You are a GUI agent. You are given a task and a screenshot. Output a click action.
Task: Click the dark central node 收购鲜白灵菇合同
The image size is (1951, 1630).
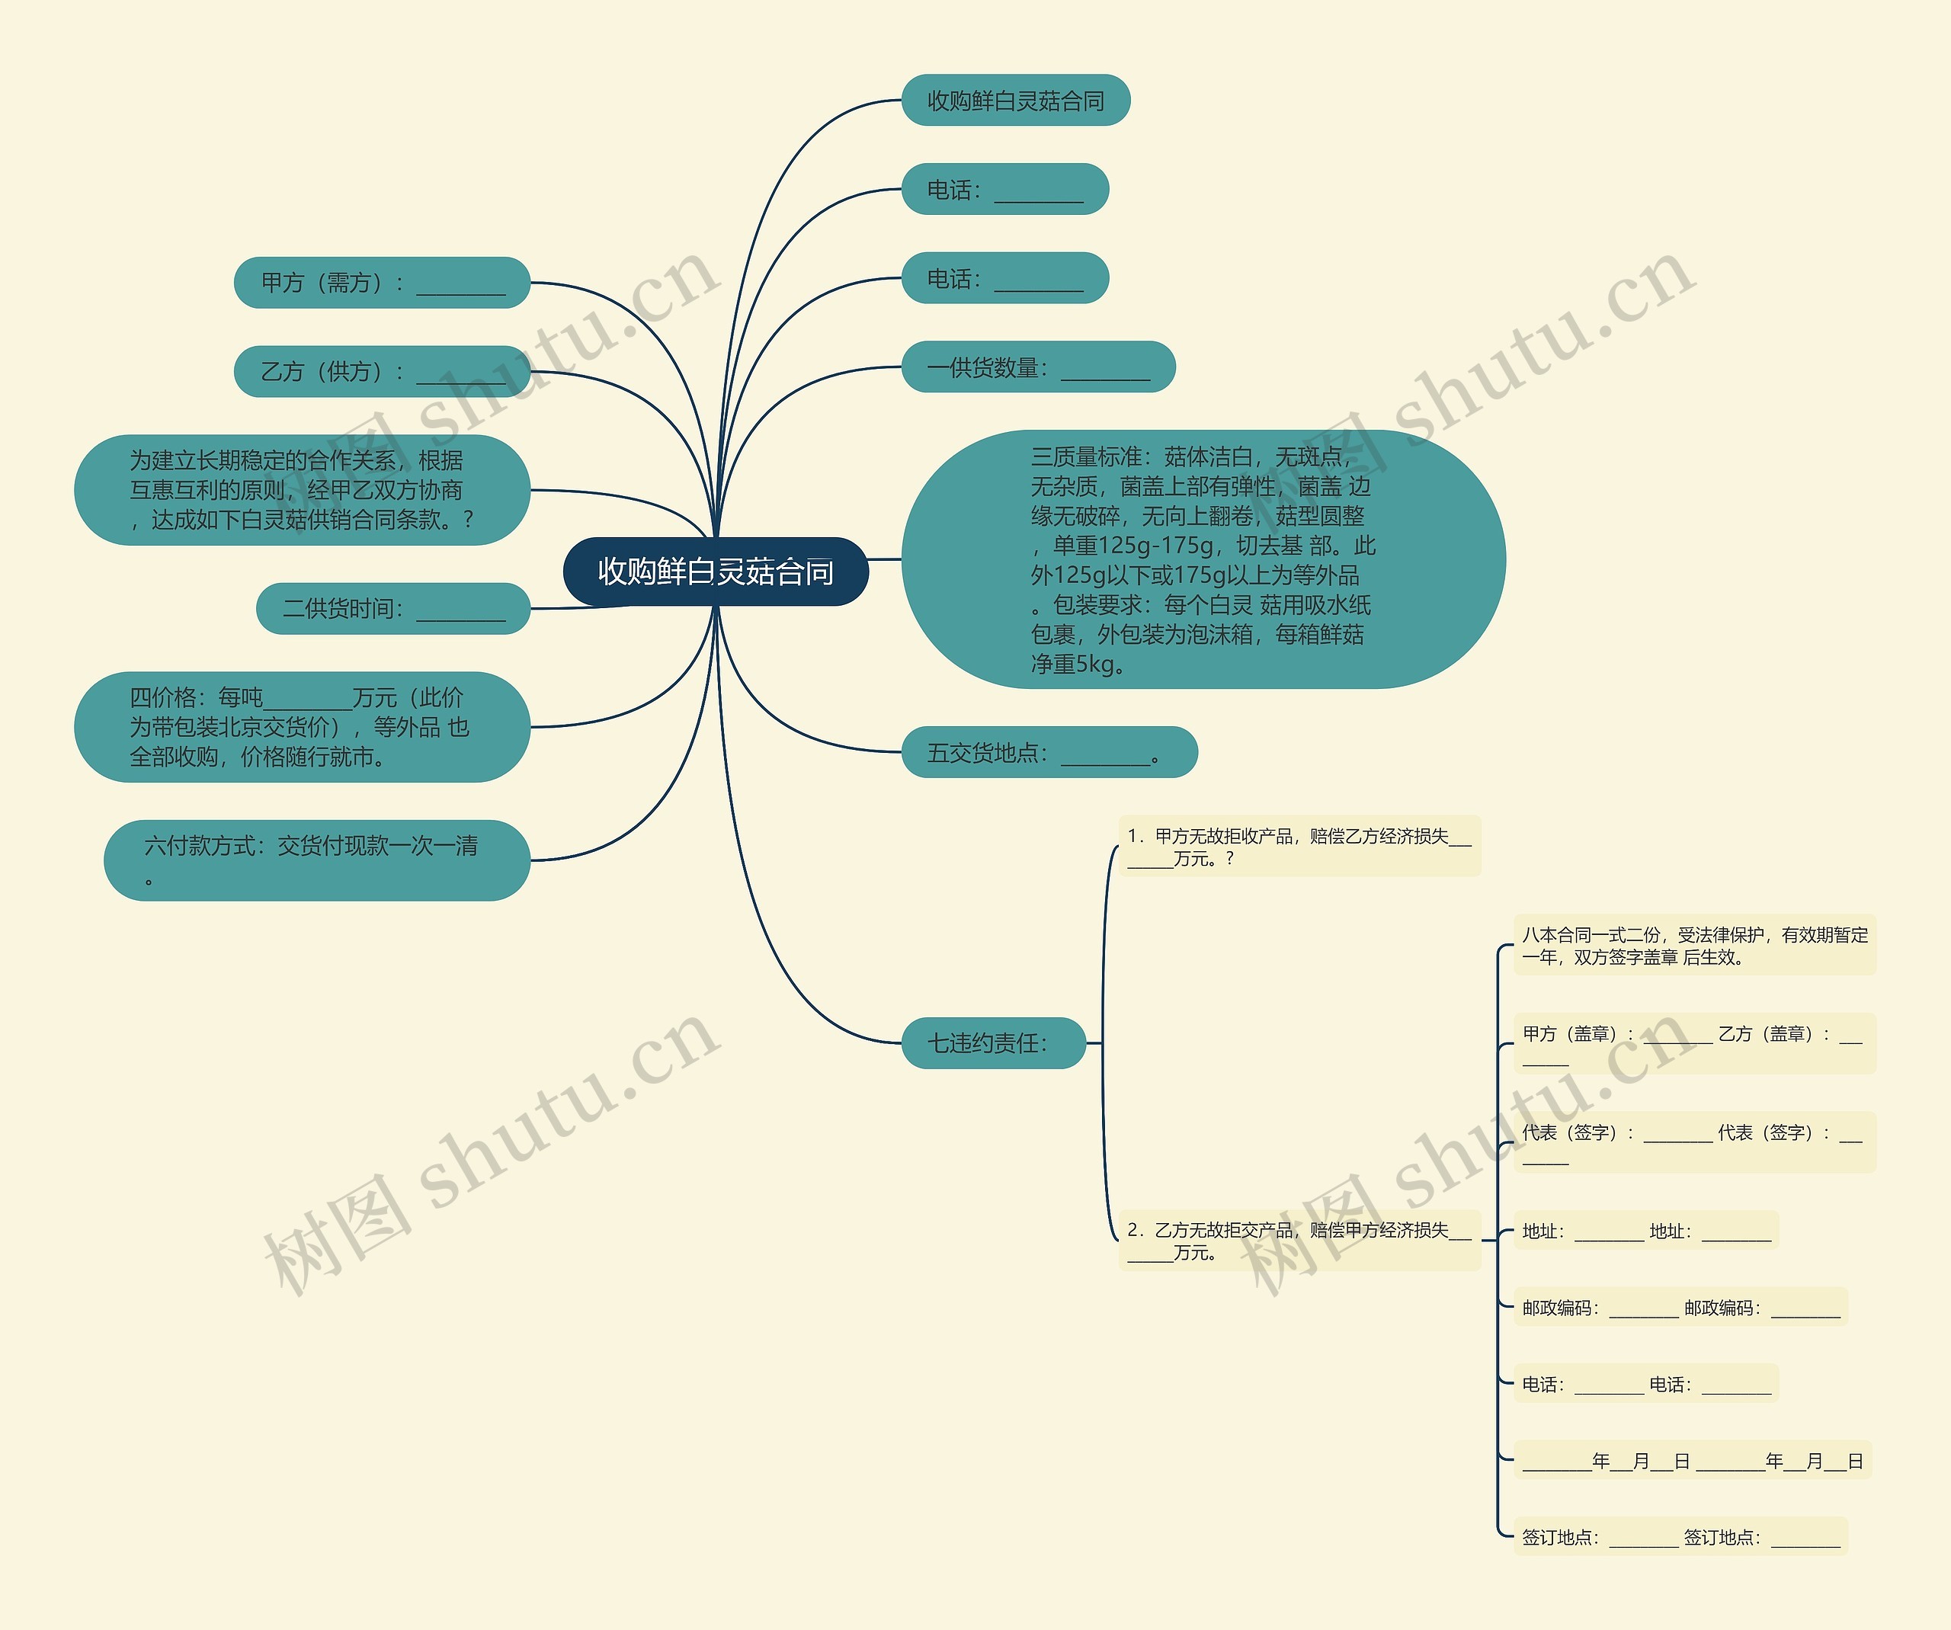point(716,572)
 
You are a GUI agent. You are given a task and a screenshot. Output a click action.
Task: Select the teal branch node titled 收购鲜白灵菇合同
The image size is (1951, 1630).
point(1014,101)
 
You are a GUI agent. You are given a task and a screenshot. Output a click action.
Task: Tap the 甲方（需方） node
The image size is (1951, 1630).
point(381,283)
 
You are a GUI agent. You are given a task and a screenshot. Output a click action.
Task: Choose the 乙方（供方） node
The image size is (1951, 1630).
point(381,372)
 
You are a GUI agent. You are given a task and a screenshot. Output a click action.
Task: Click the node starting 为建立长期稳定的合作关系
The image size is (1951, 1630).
point(301,489)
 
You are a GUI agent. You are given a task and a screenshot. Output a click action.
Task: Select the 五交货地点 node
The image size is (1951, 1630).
point(1048,752)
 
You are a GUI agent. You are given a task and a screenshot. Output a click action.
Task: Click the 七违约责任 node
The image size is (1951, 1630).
point(992,1043)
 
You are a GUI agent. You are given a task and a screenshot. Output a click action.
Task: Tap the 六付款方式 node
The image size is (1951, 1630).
point(316,860)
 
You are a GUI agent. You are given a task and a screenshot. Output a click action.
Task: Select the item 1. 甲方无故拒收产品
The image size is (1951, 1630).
point(1298,846)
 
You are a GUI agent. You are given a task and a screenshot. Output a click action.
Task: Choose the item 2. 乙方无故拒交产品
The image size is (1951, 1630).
point(1298,1241)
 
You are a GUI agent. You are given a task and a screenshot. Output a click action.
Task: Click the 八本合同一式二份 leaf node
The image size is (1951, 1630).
point(1693,946)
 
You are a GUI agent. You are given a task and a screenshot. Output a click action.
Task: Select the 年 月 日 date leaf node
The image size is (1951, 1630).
point(1692,1461)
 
